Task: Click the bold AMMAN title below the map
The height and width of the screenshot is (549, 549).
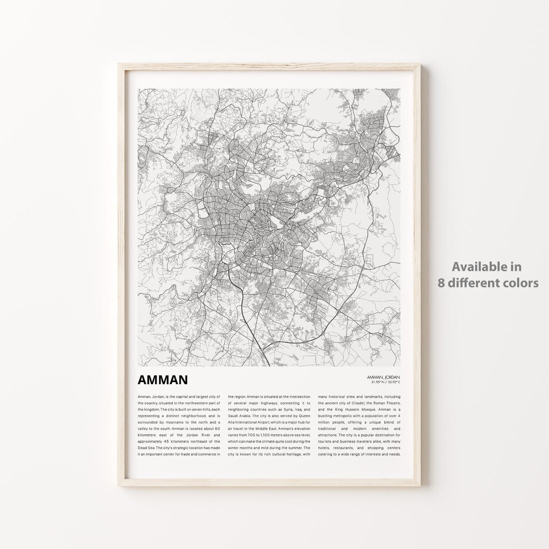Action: coord(162,380)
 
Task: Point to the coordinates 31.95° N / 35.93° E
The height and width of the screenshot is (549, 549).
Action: coord(386,381)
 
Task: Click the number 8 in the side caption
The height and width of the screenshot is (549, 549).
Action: coord(441,283)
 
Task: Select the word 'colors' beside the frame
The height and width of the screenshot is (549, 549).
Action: coord(519,283)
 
